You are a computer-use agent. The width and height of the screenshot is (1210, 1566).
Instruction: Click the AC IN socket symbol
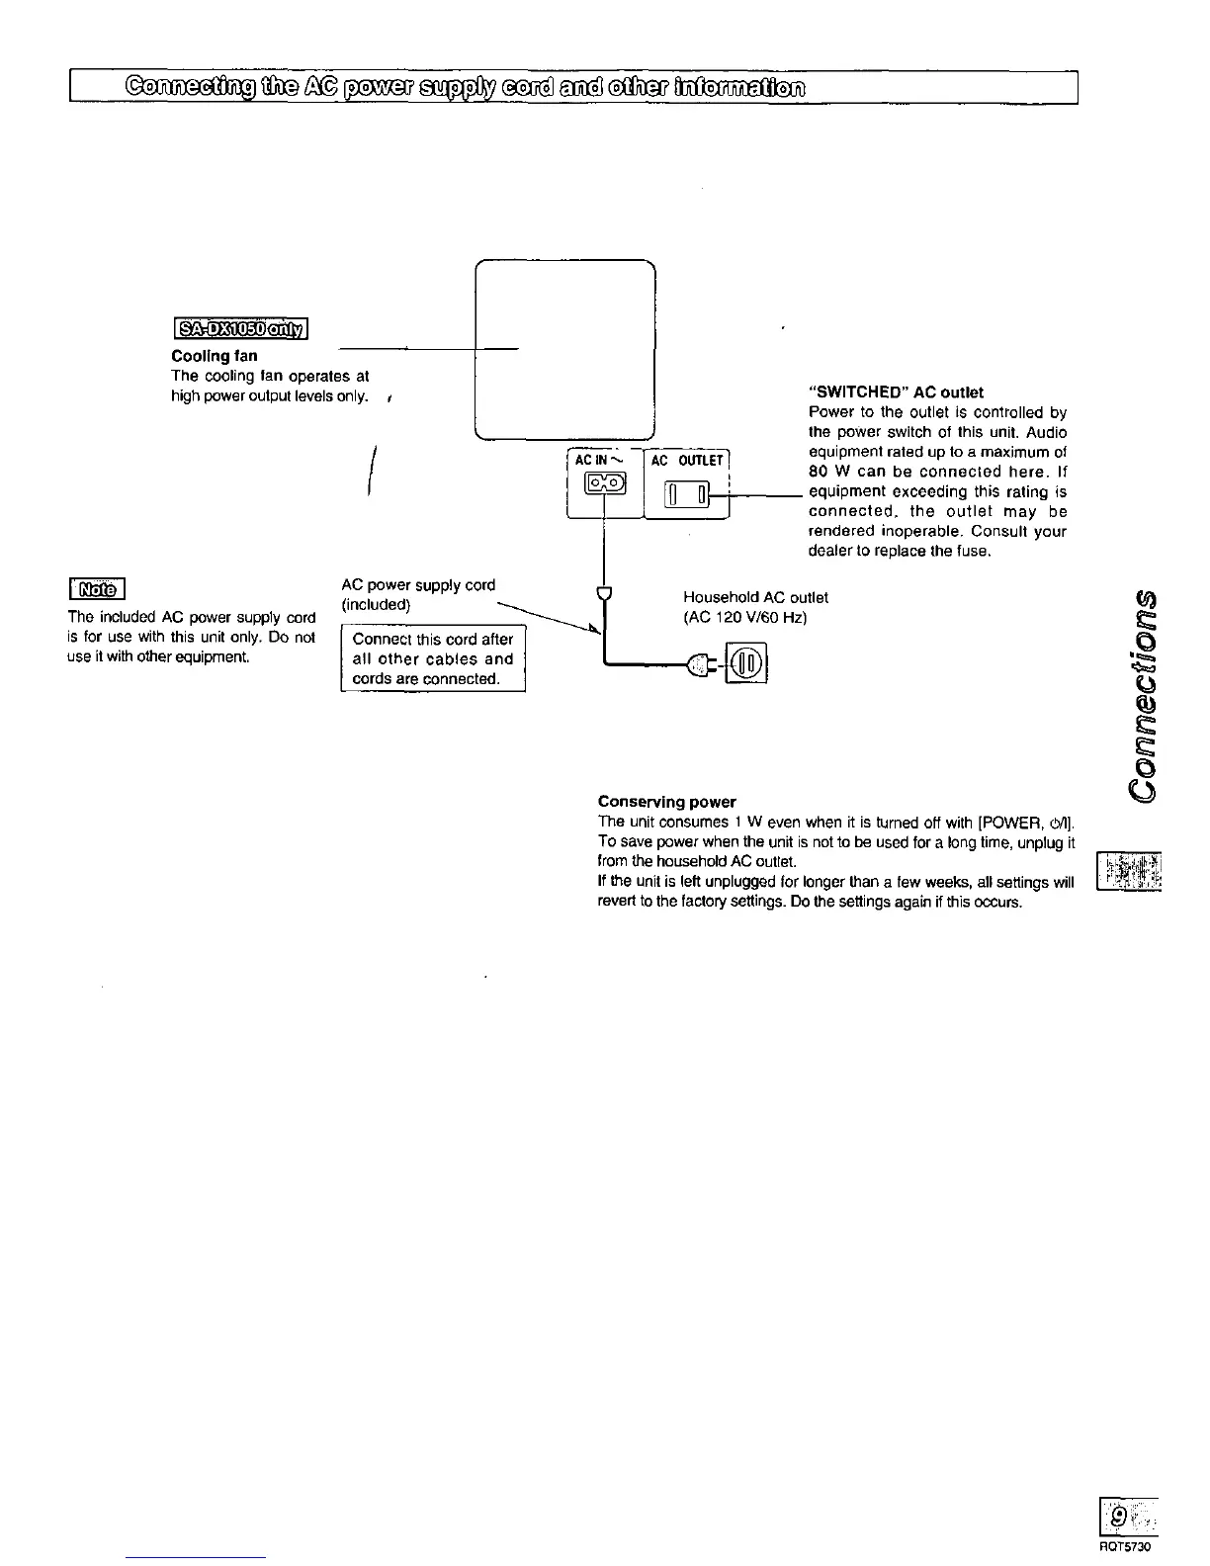click(605, 482)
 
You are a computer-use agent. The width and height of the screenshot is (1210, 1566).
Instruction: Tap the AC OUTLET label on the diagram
click(687, 461)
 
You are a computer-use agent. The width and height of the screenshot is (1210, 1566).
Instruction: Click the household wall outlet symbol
click(747, 662)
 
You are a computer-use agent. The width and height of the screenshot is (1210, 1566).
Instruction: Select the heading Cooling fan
click(215, 356)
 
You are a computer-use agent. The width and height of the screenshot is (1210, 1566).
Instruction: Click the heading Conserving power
click(666, 802)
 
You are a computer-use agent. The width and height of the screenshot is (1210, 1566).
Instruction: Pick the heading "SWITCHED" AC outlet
click(896, 392)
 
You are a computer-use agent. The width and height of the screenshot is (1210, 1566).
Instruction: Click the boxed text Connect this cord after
click(433, 640)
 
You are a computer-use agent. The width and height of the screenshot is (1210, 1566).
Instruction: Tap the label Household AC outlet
click(755, 597)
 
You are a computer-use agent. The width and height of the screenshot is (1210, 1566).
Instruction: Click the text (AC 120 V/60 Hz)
click(744, 618)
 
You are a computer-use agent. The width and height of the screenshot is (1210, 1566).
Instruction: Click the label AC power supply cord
click(418, 585)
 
